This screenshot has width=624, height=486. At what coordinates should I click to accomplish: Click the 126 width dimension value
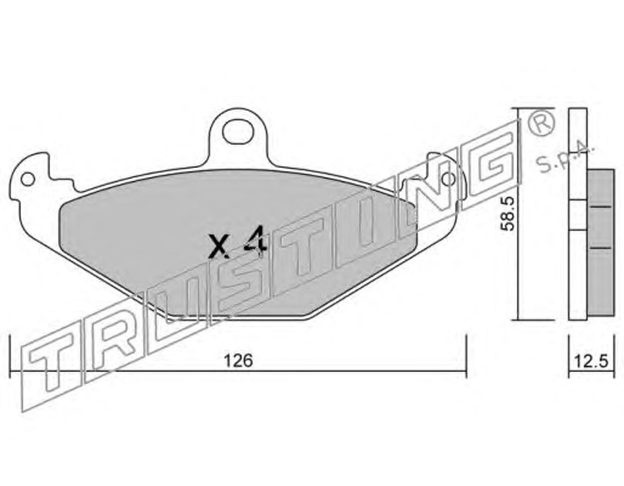click(x=238, y=361)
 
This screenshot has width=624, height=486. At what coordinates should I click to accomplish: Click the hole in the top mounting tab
click(x=238, y=132)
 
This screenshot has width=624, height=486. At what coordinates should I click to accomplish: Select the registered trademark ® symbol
click(x=541, y=125)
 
